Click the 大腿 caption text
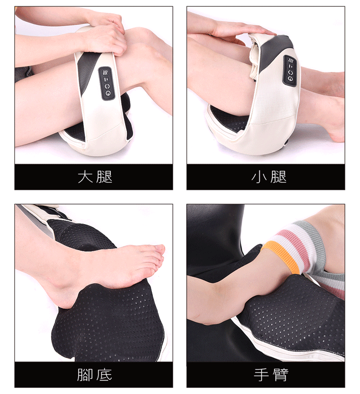[x=95, y=177]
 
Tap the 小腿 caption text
[x=269, y=177]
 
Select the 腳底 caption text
[x=95, y=375]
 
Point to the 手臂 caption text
[x=271, y=375]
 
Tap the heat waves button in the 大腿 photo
[x=105, y=73]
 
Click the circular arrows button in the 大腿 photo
[x=107, y=86]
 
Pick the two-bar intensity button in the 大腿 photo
[x=106, y=80]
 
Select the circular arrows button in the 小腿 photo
[x=291, y=72]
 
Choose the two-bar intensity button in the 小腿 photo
[x=291, y=66]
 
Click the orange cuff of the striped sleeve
[x=281, y=256]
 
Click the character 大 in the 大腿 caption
[x=85, y=177]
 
